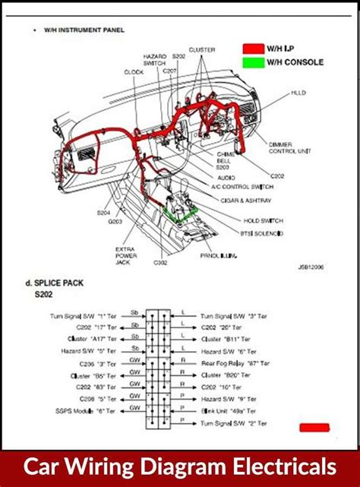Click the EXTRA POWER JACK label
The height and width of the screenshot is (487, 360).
(125, 256)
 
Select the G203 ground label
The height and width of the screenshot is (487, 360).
(115, 222)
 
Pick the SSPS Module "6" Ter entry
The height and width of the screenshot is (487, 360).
(83, 411)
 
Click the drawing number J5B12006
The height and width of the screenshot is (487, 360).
(312, 267)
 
